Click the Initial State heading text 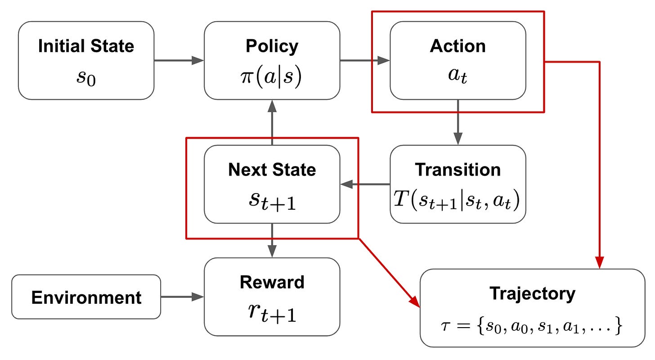[x=86, y=46]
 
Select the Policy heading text [x=272, y=46]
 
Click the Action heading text [x=458, y=46]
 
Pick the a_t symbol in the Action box [x=458, y=76]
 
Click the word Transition [x=458, y=170]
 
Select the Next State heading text [x=272, y=170]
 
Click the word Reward [x=272, y=283]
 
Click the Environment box [x=86, y=297]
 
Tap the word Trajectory [x=532, y=294]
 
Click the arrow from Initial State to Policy [x=179, y=60]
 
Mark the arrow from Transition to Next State [x=365, y=184]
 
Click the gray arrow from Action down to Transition [x=458, y=121]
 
